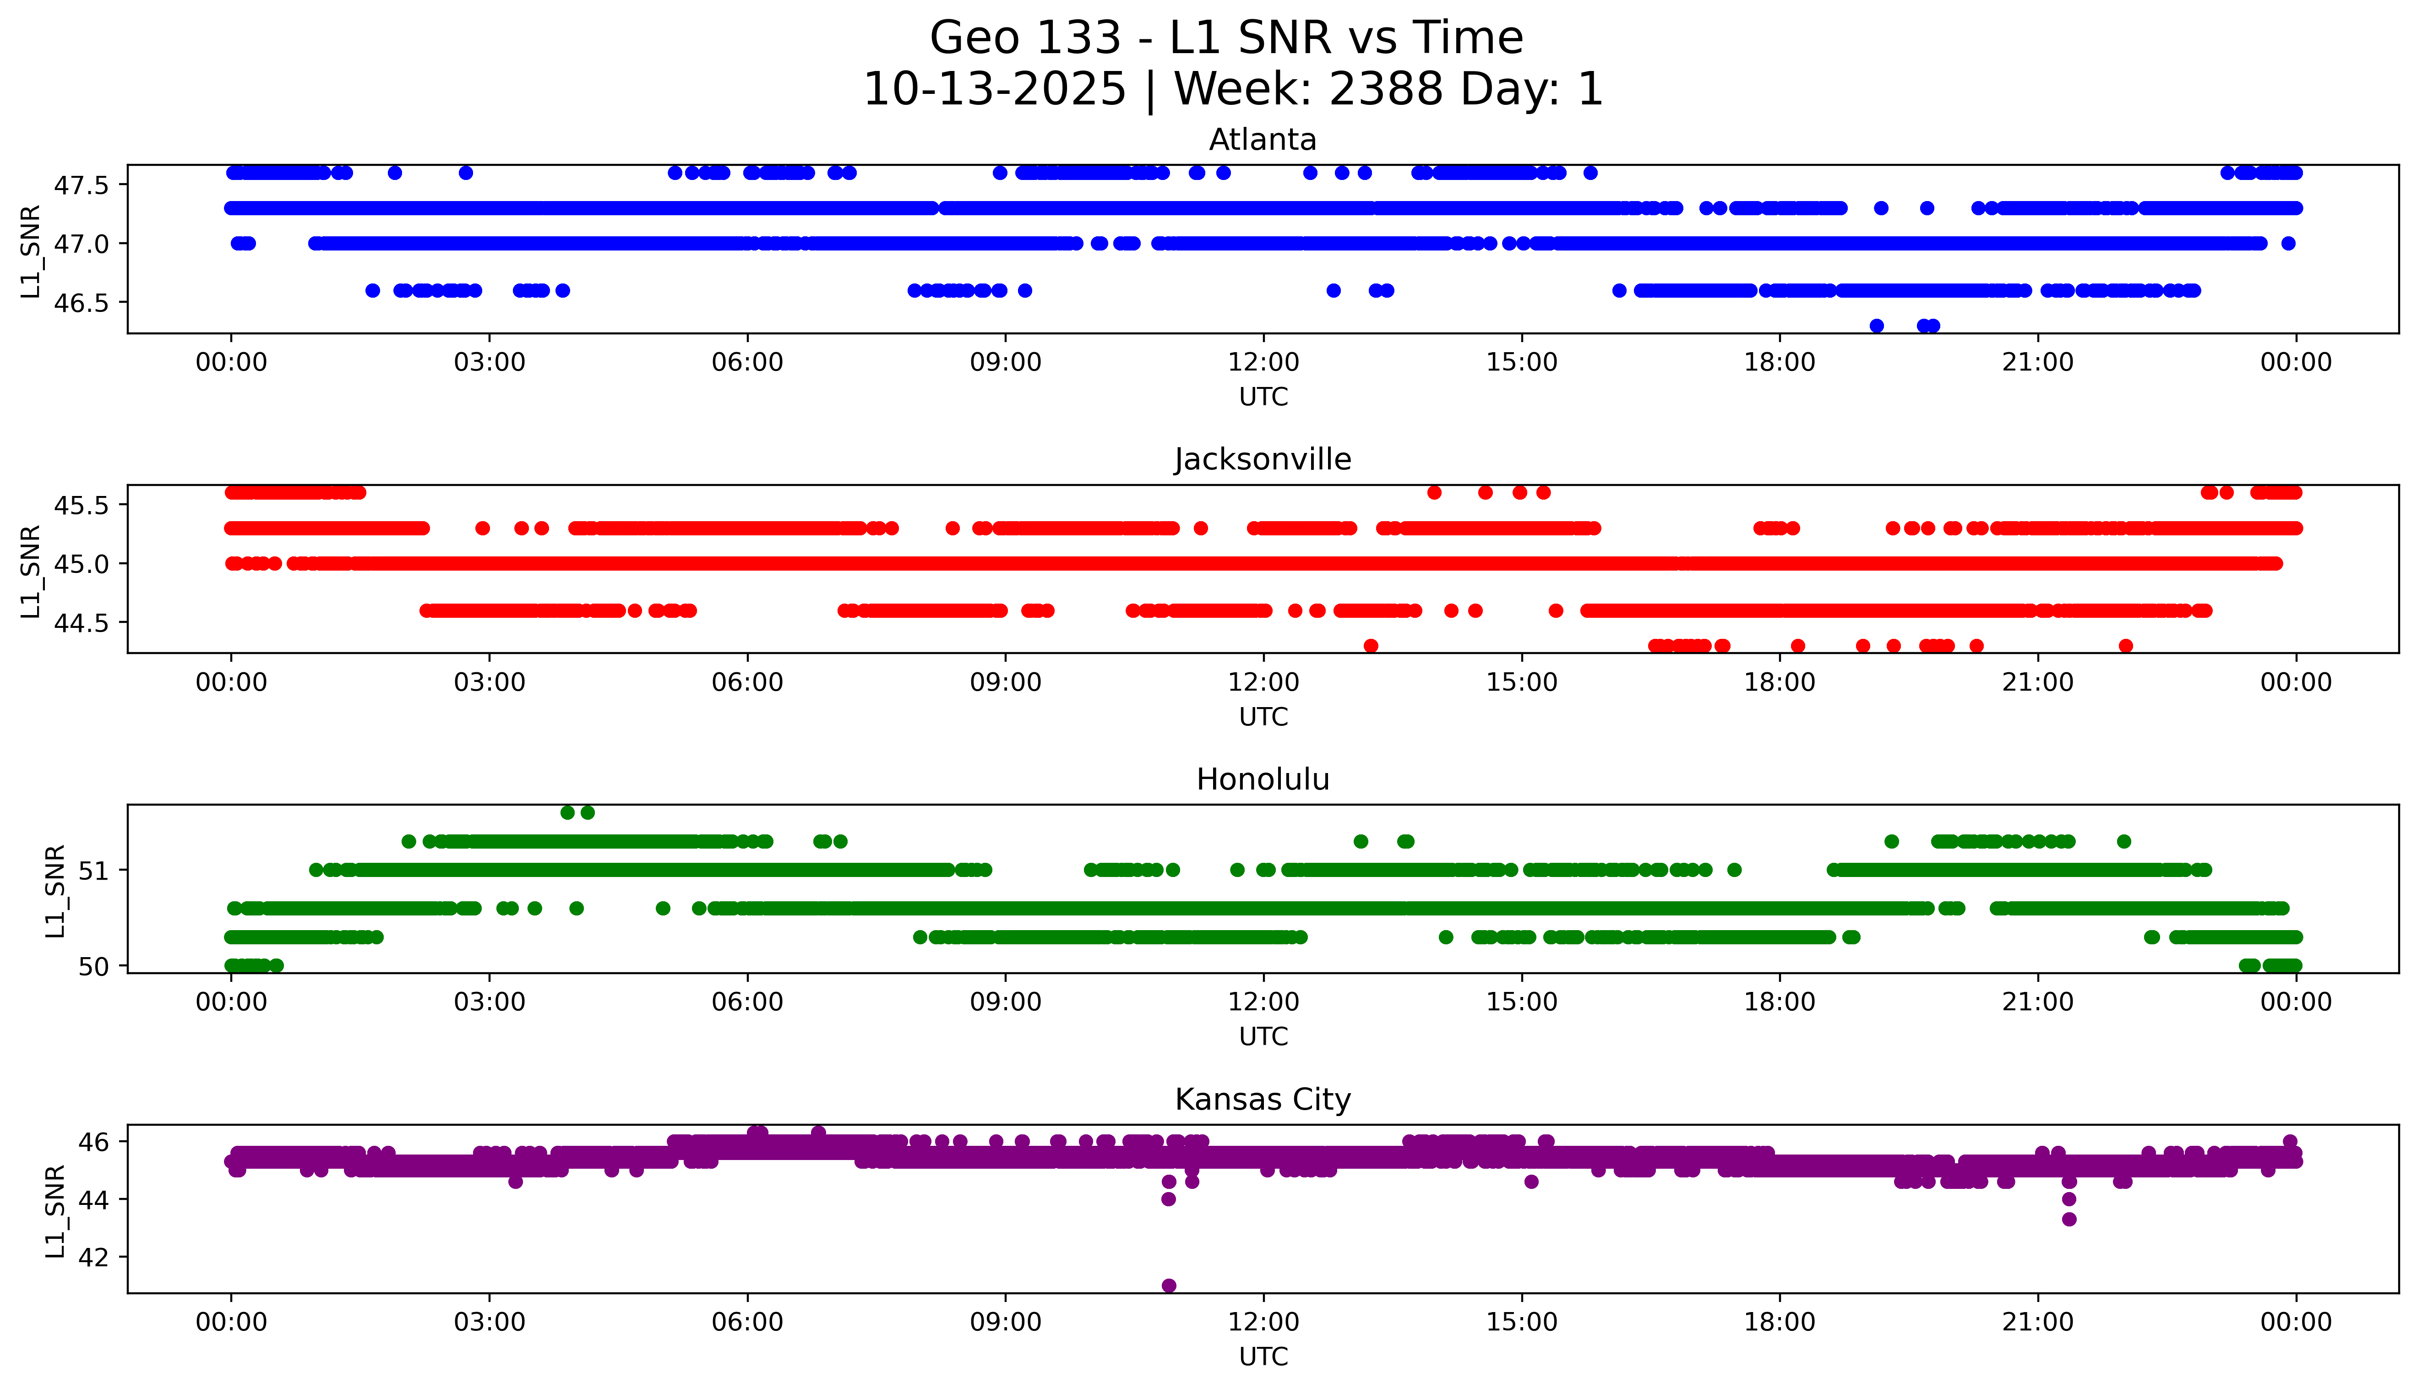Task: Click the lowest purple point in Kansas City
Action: click(x=1169, y=1285)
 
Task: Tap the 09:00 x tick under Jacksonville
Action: click(x=1005, y=682)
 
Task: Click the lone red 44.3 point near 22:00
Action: click(x=2125, y=646)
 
